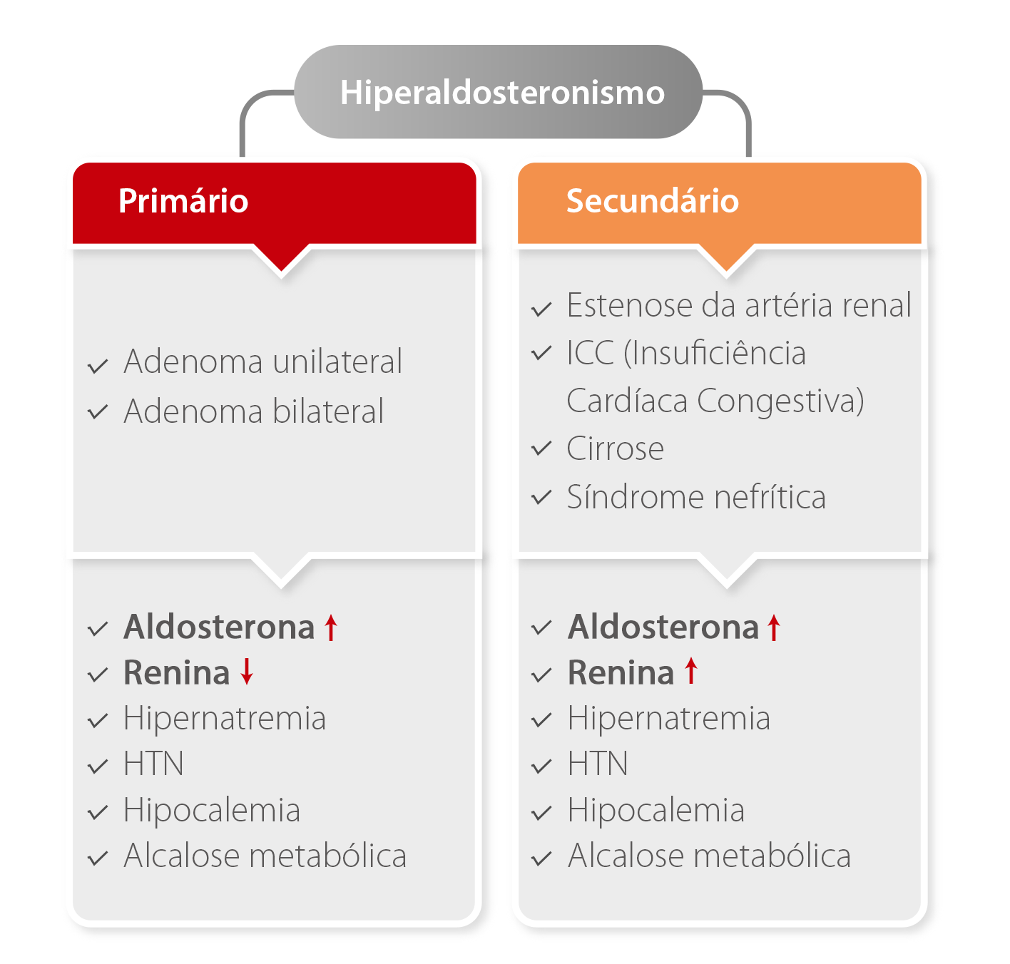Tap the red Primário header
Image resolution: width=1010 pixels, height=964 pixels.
pyautogui.click(x=275, y=201)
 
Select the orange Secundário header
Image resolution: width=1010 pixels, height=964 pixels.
pyautogui.click(x=719, y=201)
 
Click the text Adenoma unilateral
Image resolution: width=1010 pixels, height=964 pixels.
pyautogui.click(x=262, y=361)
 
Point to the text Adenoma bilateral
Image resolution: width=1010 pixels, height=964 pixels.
pyautogui.click(x=253, y=411)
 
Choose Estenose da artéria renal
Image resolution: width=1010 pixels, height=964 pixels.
pyautogui.click(x=739, y=305)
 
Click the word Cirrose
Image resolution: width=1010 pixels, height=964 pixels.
pyautogui.click(x=615, y=449)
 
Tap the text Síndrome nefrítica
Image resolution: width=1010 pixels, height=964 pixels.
pyautogui.click(x=696, y=497)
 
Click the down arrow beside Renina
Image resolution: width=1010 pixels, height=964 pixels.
pyautogui.click(x=247, y=672)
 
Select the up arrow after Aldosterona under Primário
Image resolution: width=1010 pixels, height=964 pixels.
pyautogui.click(x=331, y=627)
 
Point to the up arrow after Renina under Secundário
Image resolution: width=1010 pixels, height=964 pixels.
pyautogui.click(x=690, y=672)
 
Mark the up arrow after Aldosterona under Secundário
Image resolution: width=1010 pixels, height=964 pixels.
pyautogui.click(x=775, y=627)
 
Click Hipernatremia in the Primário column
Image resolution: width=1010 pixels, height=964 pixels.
pyautogui.click(x=225, y=718)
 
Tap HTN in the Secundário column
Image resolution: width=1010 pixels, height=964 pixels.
pyautogui.click(x=598, y=764)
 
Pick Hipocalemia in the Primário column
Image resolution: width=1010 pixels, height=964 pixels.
pyautogui.click(x=212, y=811)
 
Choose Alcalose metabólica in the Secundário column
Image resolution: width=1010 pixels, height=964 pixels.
pyautogui.click(x=709, y=856)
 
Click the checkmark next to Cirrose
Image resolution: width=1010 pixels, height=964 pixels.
pyautogui.click(x=542, y=449)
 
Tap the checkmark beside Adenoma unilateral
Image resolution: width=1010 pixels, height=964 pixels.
pyautogui.click(x=98, y=366)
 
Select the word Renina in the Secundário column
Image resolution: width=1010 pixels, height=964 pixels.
pyautogui.click(x=621, y=672)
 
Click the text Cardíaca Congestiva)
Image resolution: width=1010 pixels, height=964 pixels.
pyautogui.click(x=715, y=401)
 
